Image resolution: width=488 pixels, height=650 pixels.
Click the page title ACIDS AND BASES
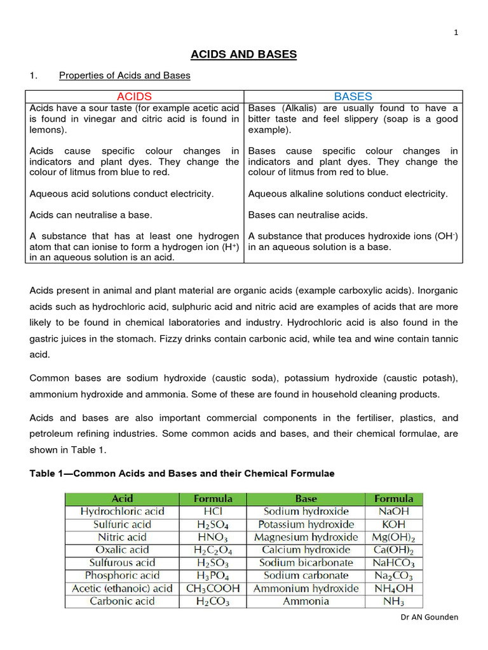(245, 55)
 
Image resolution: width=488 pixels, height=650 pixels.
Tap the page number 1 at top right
(473, 34)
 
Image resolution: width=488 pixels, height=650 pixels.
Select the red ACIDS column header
(134, 96)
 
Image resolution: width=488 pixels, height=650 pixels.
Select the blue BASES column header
(353, 96)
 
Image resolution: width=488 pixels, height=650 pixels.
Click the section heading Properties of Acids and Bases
(125, 76)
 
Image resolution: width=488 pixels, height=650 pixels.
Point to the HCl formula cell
(213, 511)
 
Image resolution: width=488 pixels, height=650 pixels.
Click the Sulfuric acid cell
(122, 524)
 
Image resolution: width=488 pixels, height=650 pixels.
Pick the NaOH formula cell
(393, 511)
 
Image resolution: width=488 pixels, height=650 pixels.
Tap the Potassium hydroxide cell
(306, 524)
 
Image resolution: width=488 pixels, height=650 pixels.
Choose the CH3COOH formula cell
(213, 588)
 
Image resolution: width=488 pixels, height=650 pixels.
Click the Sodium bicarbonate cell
(306, 562)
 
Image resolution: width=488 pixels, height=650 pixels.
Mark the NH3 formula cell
(393, 601)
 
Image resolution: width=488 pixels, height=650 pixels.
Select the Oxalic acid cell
(122, 550)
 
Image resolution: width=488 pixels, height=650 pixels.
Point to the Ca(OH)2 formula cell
(393, 550)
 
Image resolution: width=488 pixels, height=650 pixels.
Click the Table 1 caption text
(182, 474)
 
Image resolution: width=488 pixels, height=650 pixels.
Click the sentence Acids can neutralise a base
(91, 215)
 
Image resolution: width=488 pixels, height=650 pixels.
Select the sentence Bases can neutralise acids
(308, 215)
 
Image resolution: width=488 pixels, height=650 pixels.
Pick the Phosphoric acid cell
(122, 575)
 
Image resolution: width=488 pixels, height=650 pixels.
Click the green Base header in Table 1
(306, 498)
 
